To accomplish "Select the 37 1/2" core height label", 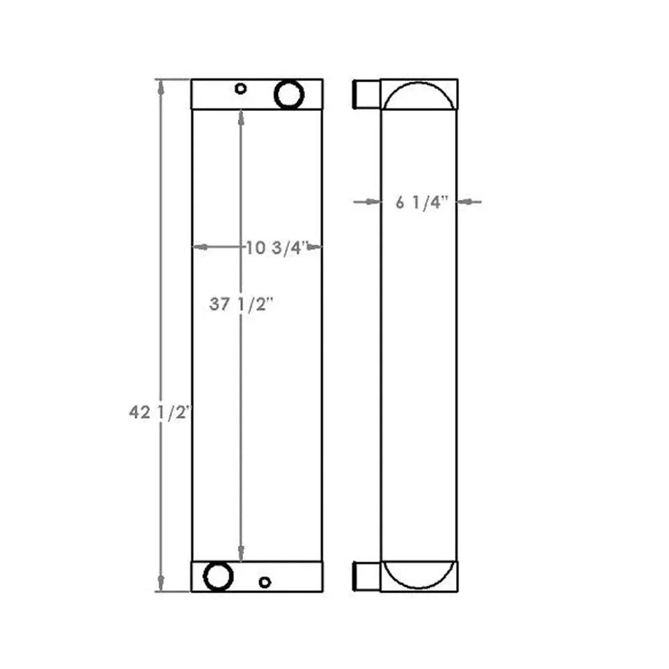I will [243, 304].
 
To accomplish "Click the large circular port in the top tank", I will [290, 94].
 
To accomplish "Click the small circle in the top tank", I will [241, 88].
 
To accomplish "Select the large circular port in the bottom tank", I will [219, 576].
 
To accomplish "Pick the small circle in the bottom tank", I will [265, 582].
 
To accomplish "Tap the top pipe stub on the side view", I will [365, 94].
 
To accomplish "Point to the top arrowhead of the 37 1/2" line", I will [241, 116].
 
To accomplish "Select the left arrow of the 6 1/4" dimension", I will [372, 201].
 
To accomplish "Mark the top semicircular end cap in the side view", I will [419, 95].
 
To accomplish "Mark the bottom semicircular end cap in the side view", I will [419, 575].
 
